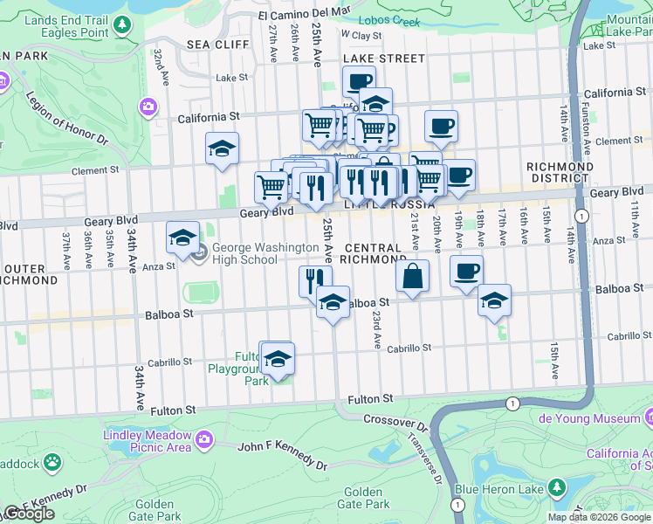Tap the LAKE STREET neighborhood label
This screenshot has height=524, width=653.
pos(383,59)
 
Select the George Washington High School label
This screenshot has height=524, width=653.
pos(257,253)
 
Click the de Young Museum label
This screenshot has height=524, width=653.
pos(601,418)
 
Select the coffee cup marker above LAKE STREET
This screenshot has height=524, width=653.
pos(358,82)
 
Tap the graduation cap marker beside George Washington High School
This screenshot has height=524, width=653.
pos(183,238)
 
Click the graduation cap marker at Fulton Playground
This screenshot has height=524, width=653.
pos(278,359)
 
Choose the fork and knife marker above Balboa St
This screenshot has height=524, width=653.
pos(315,280)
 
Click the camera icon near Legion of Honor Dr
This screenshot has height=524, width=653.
pos(148,107)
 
